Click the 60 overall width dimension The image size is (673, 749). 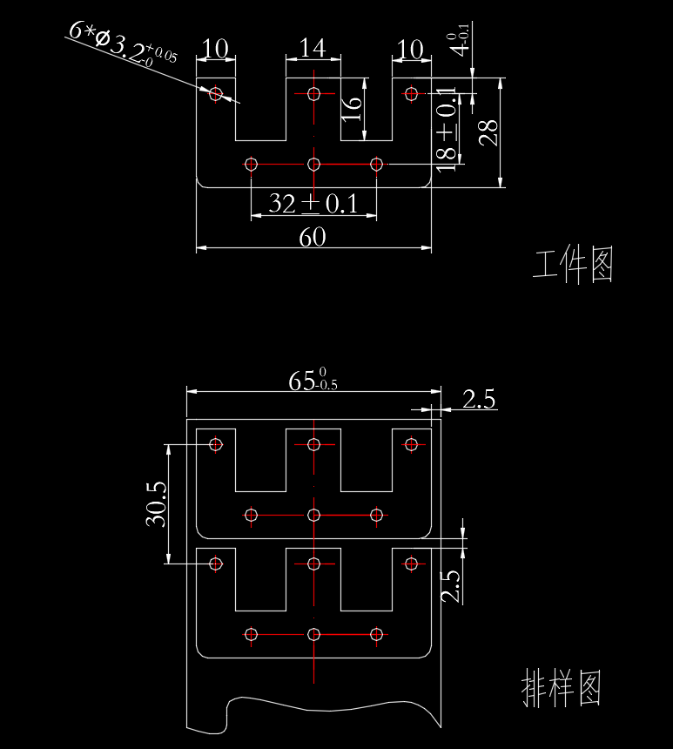(313, 237)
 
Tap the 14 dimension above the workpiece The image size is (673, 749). (313, 48)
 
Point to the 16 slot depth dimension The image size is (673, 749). (352, 108)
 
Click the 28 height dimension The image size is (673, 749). (489, 132)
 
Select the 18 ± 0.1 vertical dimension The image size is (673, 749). (447, 129)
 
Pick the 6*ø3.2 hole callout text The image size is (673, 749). (123, 44)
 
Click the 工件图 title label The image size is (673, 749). (573, 266)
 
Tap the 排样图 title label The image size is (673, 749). (561, 688)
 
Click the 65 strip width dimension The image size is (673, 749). (313, 381)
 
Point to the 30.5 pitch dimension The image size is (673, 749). (156, 503)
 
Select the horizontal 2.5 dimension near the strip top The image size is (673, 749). (478, 400)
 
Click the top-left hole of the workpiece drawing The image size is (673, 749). (216, 92)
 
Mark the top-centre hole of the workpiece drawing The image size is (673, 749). (314, 92)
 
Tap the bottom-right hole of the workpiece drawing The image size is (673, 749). (376, 164)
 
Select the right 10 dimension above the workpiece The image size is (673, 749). (411, 48)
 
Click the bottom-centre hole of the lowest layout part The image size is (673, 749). (314, 634)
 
